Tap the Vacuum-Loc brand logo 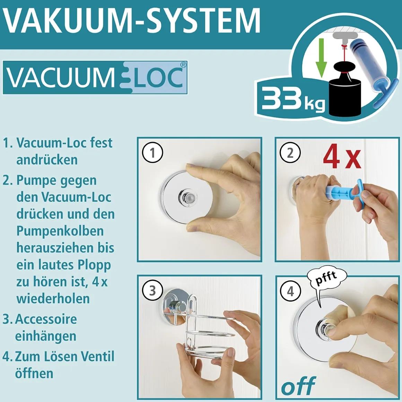95,78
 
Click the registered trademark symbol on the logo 183,65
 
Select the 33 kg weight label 293,100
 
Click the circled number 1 152,153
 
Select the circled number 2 290,153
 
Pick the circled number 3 152,290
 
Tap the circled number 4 290,291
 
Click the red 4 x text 342,157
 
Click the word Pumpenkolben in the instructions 60,231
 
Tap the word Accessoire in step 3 46,319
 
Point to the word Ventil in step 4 97,356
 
